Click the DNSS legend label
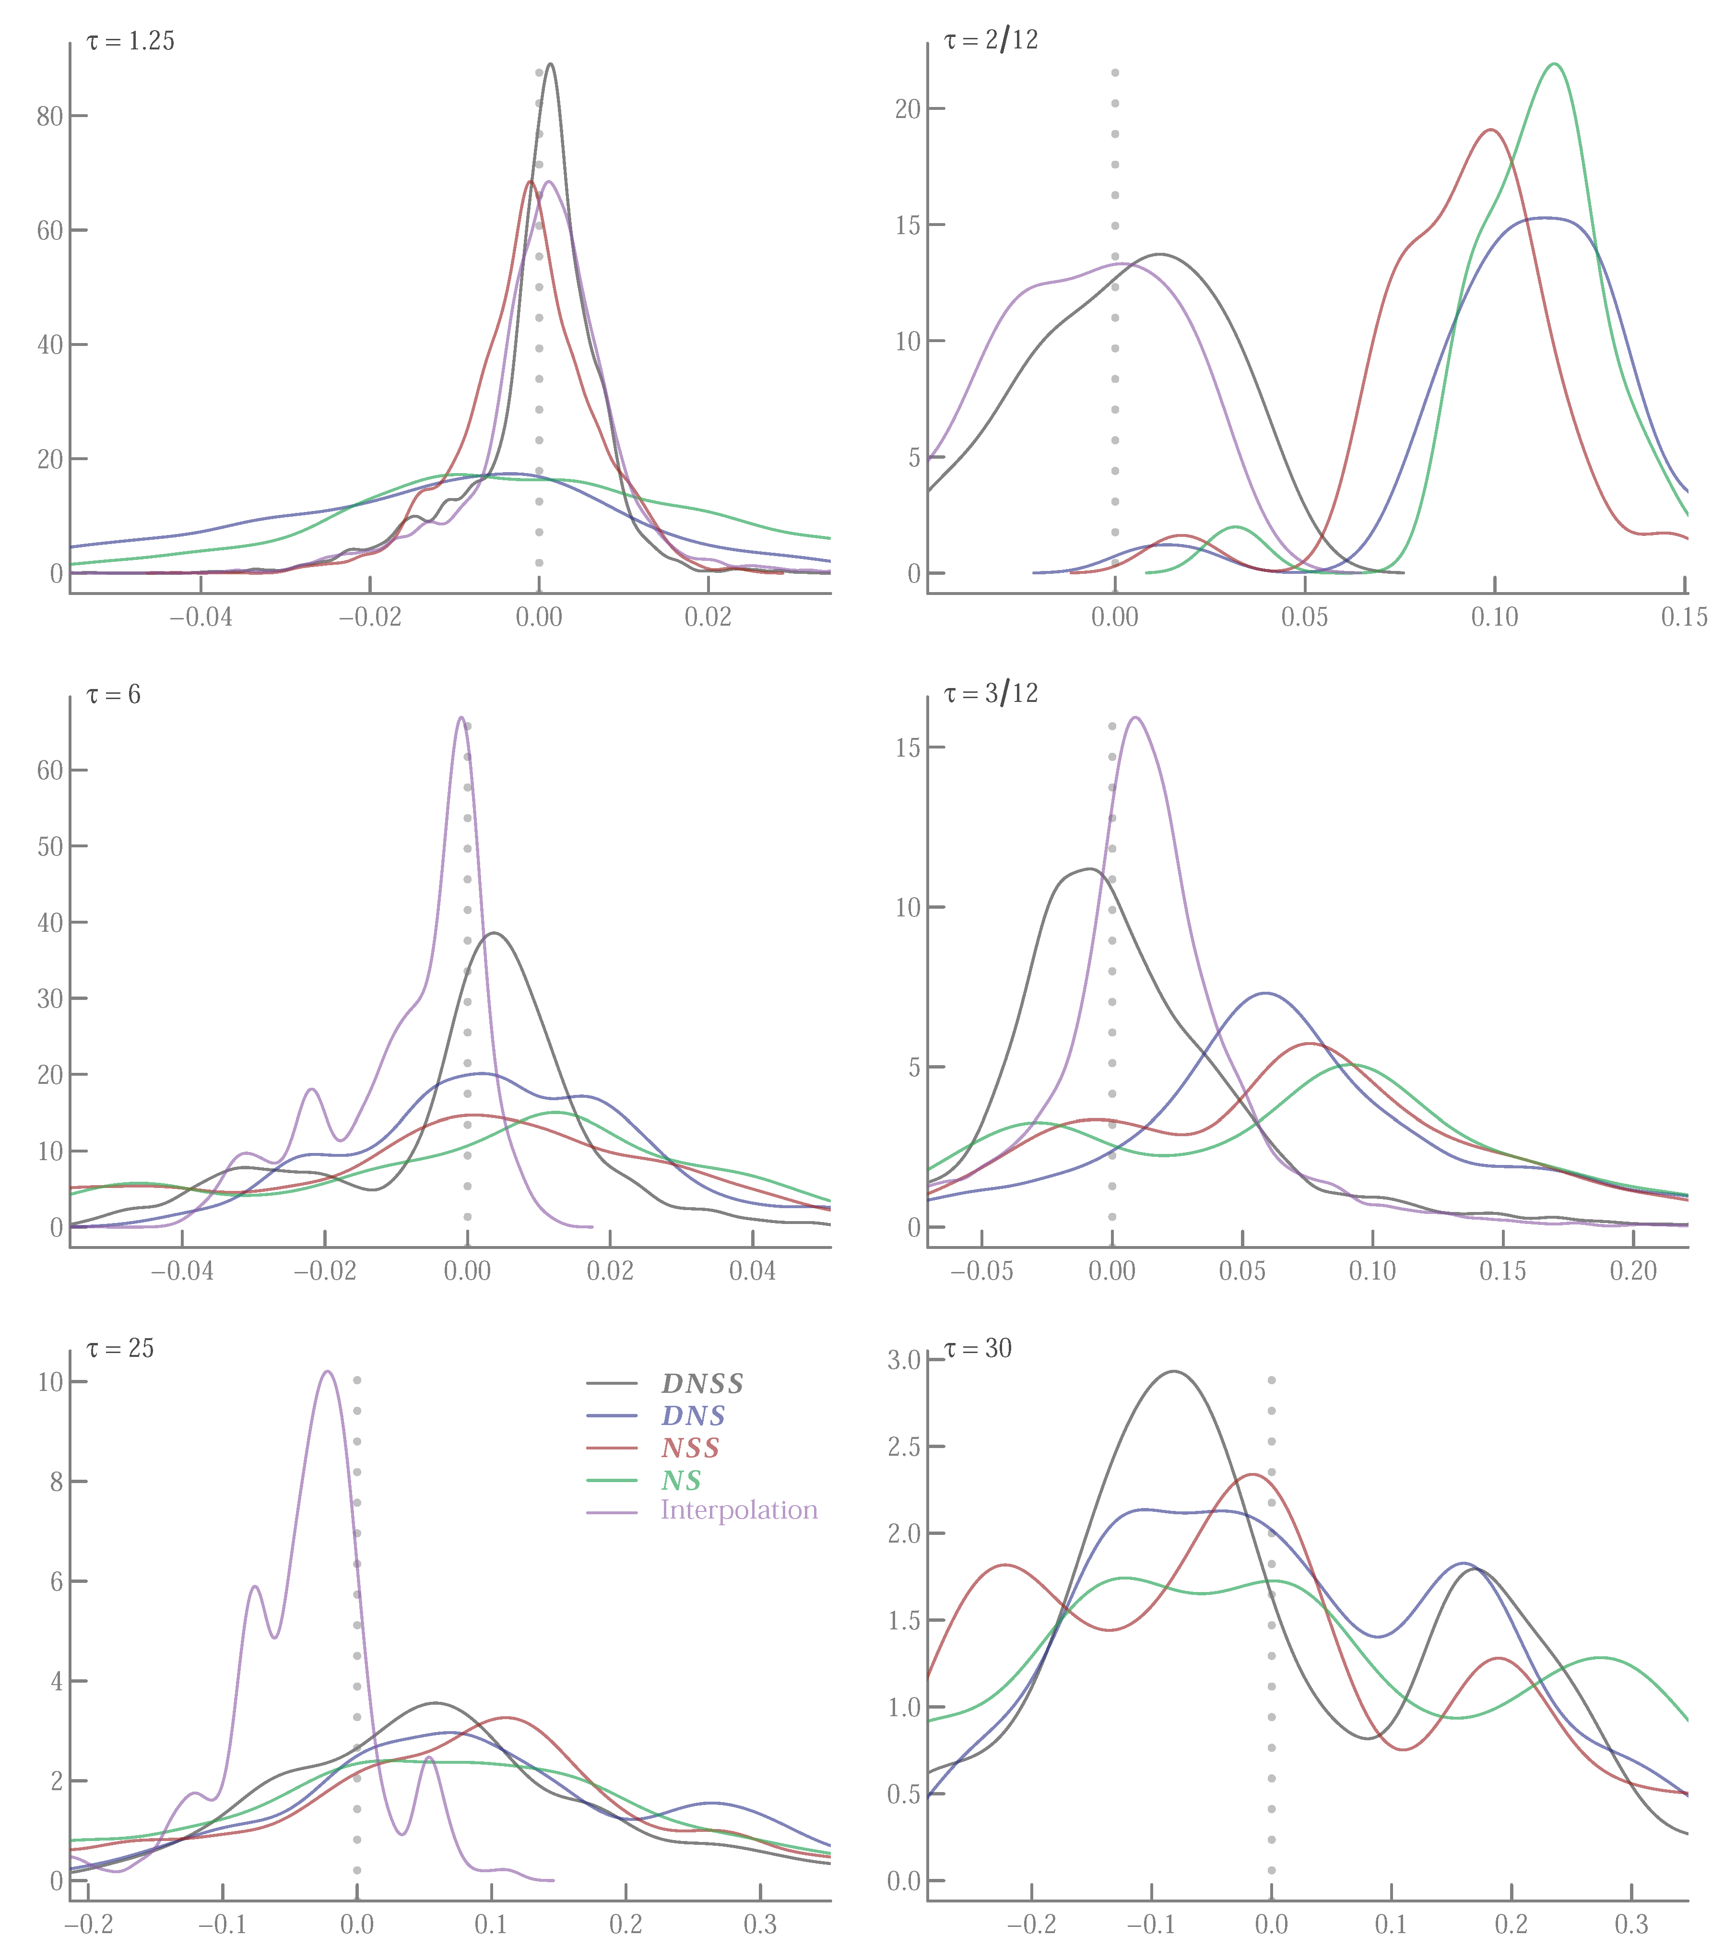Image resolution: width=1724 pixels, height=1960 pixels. point(702,1384)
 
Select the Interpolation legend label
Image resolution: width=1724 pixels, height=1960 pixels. point(738,1510)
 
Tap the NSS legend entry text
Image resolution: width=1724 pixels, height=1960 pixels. point(689,1448)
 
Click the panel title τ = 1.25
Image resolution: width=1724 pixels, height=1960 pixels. point(130,41)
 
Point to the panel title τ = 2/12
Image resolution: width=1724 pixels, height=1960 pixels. point(991,40)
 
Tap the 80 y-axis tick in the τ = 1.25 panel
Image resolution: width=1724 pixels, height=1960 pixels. point(50,116)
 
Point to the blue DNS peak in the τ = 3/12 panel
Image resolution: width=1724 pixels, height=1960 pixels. point(1266,993)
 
